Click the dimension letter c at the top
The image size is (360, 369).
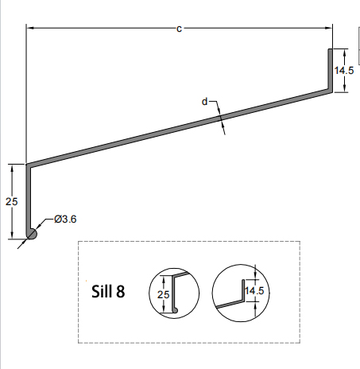click(x=179, y=29)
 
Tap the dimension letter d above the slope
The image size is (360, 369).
click(x=205, y=102)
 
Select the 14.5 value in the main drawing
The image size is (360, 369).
click(x=345, y=70)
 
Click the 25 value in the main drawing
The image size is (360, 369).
click(x=11, y=201)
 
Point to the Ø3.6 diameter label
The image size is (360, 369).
click(x=65, y=218)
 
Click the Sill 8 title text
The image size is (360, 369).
click(x=109, y=291)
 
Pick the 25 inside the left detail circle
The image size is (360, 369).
click(x=164, y=295)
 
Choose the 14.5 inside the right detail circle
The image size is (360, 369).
click(x=254, y=291)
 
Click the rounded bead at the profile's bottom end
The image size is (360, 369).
click(x=32, y=233)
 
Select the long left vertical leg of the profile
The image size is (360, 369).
click(x=29, y=199)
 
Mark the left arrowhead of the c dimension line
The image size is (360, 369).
click(x=31, y=29)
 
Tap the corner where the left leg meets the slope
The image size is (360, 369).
click(x=29, y=167)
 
